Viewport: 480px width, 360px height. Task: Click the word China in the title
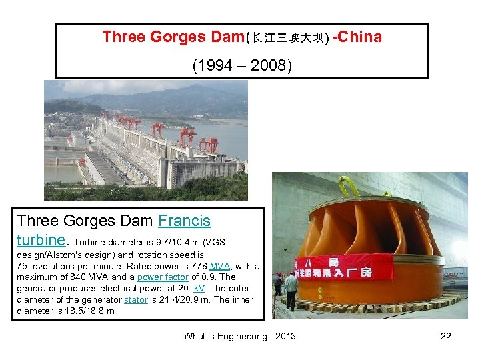tap(361, 37)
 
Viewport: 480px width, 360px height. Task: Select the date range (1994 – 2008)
tap(241, 66)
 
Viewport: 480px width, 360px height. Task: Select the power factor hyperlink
tap(163, 277)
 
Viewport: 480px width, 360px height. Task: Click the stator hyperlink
tap(135, 299)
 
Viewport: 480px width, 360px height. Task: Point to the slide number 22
tap(445, 336)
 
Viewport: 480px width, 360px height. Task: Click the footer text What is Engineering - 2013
tap(240, 336)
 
